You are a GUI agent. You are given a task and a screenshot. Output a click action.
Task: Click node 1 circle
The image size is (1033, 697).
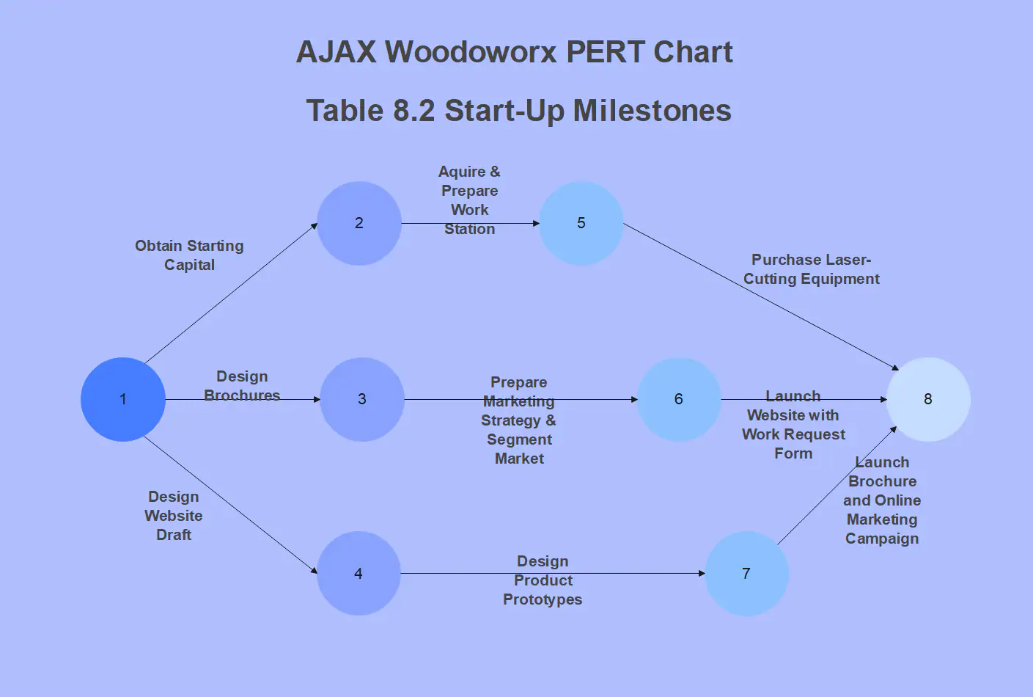click(x=123, y=399)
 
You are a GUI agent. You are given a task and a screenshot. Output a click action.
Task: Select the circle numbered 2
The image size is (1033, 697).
click(x=359, y=223)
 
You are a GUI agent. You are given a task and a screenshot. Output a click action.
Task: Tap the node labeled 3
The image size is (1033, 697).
click(x=362, y=399)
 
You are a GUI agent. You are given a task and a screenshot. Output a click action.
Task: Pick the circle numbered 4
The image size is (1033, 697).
click(x=359, y=574)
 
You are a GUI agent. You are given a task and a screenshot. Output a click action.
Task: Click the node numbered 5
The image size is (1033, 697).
click(x=581, y=223)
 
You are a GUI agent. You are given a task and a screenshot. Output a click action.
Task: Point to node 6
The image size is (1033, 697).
click(x=679, y=399)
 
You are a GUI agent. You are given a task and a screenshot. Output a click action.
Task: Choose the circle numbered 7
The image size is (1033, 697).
click(x=746, y=574)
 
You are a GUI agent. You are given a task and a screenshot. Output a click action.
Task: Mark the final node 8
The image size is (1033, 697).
click(x=928, y=399)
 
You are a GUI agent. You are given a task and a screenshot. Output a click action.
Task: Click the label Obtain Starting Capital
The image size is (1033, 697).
click(x=189, y=255)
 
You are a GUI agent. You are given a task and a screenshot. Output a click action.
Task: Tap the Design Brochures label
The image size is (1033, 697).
click(x=242, y=386)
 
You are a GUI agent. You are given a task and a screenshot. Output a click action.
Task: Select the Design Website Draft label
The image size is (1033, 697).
click(x=174, y=516)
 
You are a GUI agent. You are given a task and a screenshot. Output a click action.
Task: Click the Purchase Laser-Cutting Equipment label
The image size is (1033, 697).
click(x=811, y=269)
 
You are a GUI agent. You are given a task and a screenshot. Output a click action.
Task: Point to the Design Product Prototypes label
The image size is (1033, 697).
click(x=543, y=580)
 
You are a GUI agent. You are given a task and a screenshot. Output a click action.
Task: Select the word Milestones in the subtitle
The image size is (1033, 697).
click(x=652, y=111)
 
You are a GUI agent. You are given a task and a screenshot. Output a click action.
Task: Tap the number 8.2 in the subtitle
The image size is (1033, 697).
click(x=414, y=111)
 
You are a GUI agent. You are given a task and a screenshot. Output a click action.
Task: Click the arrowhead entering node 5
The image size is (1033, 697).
click(x=536, y=223)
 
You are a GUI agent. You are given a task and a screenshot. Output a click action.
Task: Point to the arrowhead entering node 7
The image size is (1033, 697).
click(x=701, y=574)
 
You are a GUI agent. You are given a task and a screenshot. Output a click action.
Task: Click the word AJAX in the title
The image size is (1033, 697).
click(x=337, y=52)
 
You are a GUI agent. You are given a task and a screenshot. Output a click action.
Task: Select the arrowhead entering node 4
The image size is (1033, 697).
click(x=315, y=571)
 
